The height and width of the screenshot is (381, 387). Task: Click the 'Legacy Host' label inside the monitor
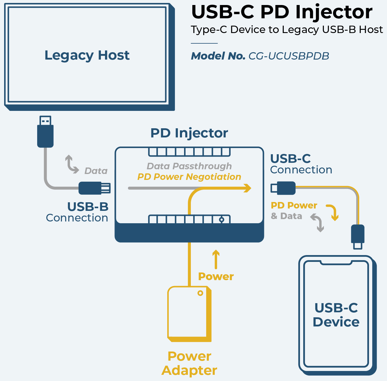(87, 55)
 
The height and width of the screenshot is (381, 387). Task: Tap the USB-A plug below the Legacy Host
(45, 132)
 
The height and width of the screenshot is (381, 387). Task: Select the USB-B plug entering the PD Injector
(94, 188)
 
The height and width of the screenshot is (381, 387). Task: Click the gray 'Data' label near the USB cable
(96, 171)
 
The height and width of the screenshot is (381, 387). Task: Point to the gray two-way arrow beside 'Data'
(71, 164)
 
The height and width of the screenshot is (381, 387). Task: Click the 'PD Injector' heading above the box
(189, 133)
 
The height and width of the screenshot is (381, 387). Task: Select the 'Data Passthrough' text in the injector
(189, 166)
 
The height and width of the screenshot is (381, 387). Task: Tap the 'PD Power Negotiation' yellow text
(189, 177)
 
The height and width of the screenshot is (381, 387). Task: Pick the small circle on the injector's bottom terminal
(222, 219)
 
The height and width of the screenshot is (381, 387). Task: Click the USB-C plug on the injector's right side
(283, 188)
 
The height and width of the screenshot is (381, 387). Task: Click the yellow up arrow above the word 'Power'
(216, 259)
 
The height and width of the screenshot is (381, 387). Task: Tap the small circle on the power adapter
(200, 293)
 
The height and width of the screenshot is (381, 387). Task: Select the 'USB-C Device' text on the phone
(336, 315)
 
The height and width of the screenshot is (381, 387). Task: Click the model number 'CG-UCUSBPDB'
(288, 56)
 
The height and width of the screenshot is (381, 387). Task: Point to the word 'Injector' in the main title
(334, 12)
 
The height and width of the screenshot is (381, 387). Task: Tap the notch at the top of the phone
(336, 262)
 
